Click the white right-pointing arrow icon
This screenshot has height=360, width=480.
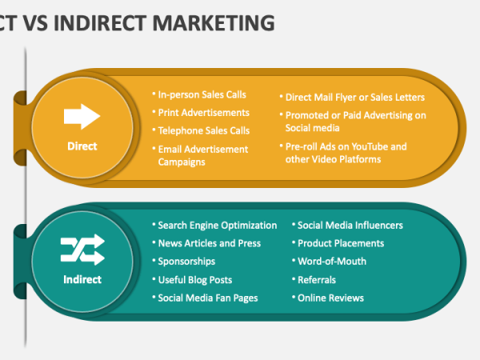pos(82,116)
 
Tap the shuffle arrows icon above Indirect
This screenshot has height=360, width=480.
pos(82,250)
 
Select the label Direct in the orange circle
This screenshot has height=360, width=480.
pos(82,146)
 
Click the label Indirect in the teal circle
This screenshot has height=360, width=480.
pos(82,279)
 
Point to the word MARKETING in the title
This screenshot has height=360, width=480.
pos(214,23)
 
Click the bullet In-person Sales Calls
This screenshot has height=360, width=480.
pos(202,95)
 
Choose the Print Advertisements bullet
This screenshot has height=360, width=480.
pos(203,113)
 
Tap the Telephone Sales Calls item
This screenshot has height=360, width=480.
pos(204,130)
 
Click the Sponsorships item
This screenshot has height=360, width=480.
pos(186,262)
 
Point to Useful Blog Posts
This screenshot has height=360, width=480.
pos(195,280)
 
